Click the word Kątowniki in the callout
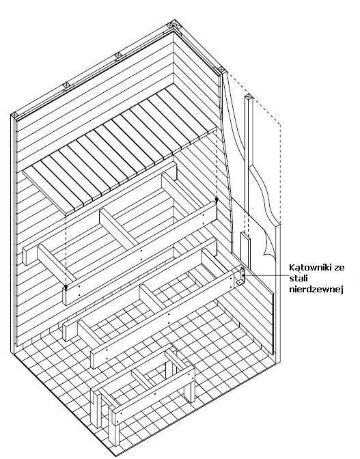[x=309, y=268]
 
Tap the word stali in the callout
[x=296, y=279]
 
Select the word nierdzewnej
[x=316, y=289]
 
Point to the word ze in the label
[x=339, y=268]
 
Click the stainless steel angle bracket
[x=242, y=276]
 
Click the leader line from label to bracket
[x=265, y=275]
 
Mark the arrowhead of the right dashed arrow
[x=217, y=200]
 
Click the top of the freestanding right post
[x=249, y=97]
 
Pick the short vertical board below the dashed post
[x=246, y=250]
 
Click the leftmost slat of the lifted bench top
[x=49, y=187]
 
